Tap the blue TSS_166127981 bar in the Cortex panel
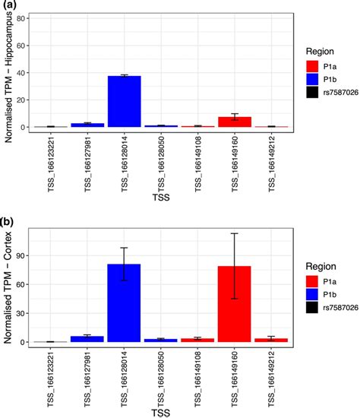(93, 339)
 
